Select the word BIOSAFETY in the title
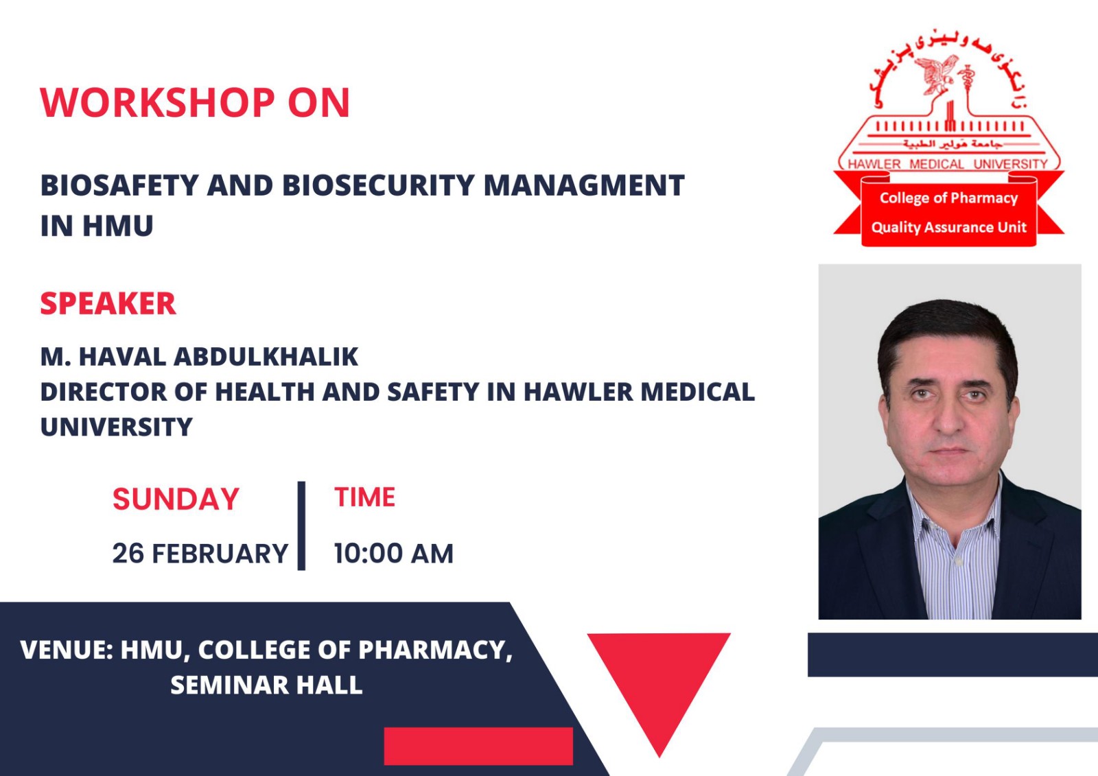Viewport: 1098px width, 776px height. click(x=119, y=185)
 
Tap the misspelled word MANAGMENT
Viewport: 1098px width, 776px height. click(x=584, y=185)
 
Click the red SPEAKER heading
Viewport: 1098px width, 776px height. click(x=108, y=303)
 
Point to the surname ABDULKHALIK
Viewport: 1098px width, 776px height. click(x=266, y=356)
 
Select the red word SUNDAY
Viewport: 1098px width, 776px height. click(x=176, y=499)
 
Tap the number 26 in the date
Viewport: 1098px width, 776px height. click(x=128, y=554)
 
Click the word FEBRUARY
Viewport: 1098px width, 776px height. click(x=220, y=554)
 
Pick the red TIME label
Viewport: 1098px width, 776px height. click(x=364, y=497)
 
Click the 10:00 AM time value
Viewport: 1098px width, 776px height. click(x=394, y=554)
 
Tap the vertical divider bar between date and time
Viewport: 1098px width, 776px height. click(x=301, y=526)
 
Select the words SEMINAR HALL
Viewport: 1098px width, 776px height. click(x=266, y=685)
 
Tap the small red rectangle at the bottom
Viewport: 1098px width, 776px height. click(x=478, y=746)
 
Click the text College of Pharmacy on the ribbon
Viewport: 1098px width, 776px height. click(x=948, y=198)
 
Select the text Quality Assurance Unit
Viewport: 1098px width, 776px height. click(x=948, y=228)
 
